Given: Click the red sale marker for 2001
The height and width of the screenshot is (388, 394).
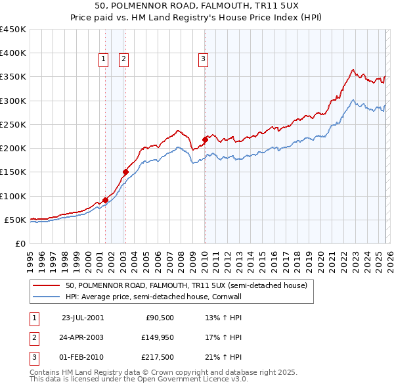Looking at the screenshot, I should click(x=105, y=200).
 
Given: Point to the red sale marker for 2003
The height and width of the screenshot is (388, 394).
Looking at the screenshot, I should click(x=125, y=172).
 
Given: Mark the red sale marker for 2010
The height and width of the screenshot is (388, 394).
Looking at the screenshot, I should click(x=205, y=139).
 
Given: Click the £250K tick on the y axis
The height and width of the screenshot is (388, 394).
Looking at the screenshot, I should click(x=13, y=124).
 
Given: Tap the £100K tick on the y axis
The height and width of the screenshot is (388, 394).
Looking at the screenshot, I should click(x=13, y=196).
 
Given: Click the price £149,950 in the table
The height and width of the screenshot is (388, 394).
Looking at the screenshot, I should click(x=157, y=337).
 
